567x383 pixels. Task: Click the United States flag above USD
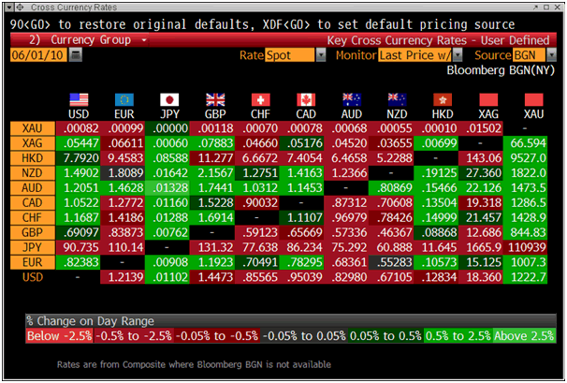click(x=79, y=98)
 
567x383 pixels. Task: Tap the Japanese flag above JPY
click(x=169, y=98)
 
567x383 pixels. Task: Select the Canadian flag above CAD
click(x=307, y=98)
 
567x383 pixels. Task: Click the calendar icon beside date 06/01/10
click(x=76, y=55)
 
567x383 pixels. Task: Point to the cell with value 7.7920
click(x=79, y=157)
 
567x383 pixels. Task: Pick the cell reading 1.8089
click(x=124, y=172)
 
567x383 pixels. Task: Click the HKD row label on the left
click(x=31, y=157)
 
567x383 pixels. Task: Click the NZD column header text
click(x=399, y=113)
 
